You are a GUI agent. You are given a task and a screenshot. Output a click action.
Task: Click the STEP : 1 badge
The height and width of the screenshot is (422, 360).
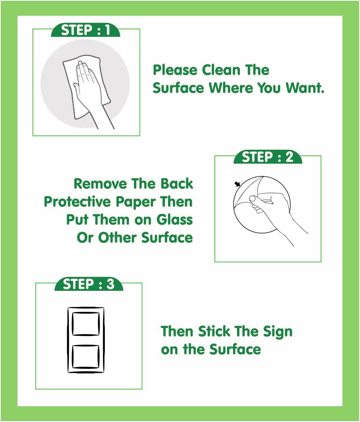click(85, 30)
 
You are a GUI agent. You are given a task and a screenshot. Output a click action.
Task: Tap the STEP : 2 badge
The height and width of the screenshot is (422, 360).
click(268, 157)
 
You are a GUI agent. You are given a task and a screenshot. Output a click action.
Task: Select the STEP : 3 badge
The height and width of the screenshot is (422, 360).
click(89, 284)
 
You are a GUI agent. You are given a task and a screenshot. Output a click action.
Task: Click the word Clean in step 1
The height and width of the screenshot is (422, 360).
click(221, 70)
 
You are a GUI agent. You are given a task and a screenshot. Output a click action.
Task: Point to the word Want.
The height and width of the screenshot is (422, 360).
click(305, 88)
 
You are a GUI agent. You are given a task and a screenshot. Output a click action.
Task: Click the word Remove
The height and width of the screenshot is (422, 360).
click(100, 184)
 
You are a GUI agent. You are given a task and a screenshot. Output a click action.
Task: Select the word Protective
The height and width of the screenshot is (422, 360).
click(77, 202)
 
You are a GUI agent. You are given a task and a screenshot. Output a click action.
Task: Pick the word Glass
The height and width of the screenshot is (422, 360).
click(175, 220)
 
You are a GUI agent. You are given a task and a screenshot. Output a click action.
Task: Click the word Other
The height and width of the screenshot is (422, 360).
click(117, 238)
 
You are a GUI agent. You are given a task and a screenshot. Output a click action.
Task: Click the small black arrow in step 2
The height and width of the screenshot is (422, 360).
click(238, 184)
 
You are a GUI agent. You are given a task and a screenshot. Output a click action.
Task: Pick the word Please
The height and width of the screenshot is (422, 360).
click(175, 70)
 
